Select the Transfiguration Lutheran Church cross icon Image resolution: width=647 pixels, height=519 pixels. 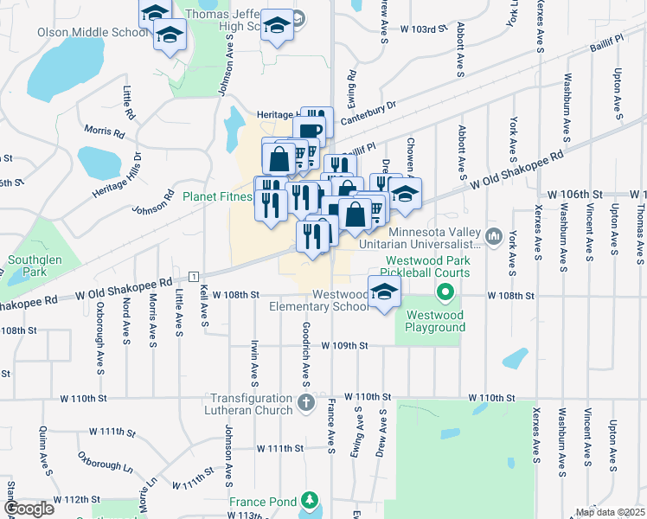pyautogui.click(x=306, y=402)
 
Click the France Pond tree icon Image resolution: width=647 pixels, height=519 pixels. pyautogui.click(x=309, y=501)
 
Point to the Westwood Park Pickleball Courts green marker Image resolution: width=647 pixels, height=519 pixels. pyautogui.click(x=445, y=292)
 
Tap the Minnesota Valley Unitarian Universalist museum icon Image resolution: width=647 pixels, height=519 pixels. pyautogui.click(x=494, y=234)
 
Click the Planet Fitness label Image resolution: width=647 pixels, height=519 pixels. pyautogui.click(x=217, y=196)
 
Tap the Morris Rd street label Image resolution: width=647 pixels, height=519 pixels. pyautogui.click(x=104, y=132)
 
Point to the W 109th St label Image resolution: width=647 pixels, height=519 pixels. pyautogui.click(x=344, y=345)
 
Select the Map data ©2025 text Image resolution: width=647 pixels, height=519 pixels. pyautogui.click(x=610, y=512)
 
